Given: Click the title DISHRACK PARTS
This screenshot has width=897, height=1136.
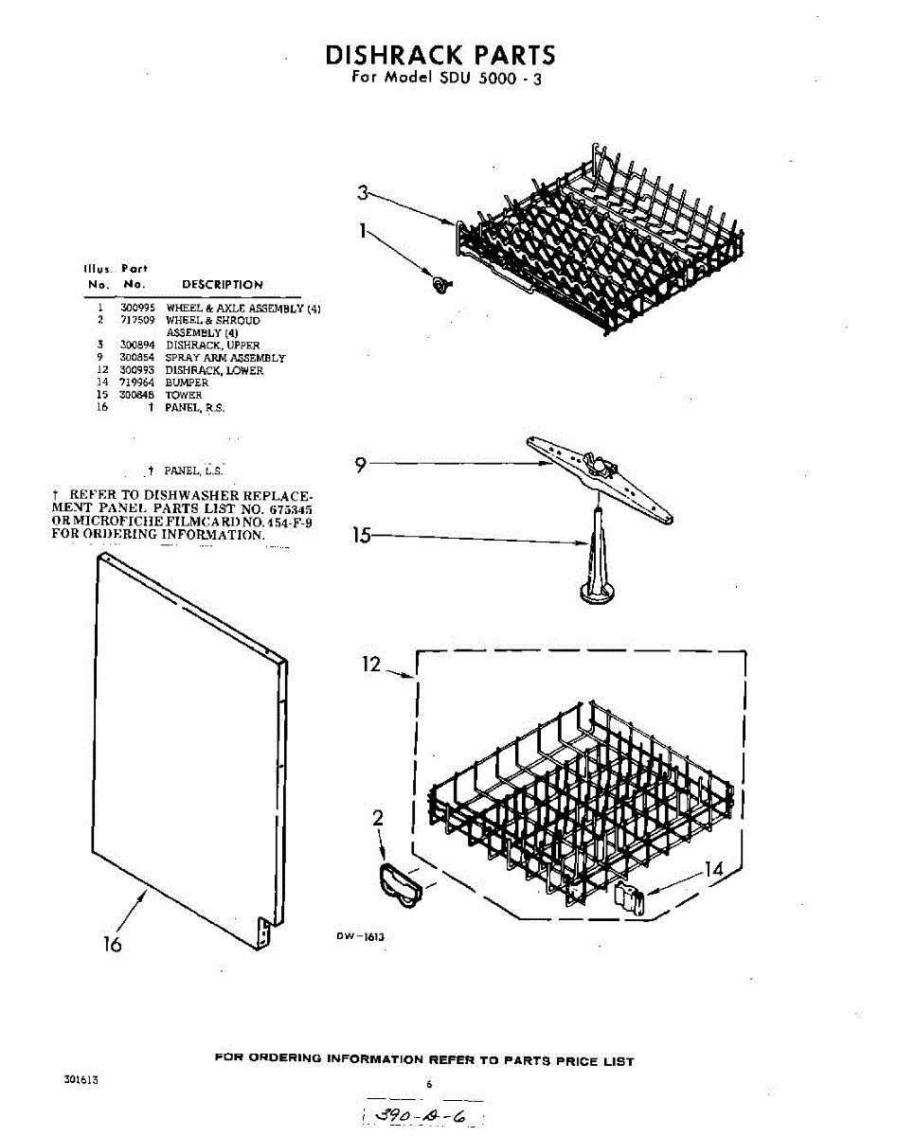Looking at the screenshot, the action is pos(440,54).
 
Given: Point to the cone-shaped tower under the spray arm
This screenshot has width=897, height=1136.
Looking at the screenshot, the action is pos(597,563).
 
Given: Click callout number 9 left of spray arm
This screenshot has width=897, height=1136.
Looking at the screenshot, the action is pos(361,465).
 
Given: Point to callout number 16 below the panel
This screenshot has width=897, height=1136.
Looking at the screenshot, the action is pos(113,944).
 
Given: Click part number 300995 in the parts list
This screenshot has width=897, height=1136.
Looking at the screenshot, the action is pos(133,309).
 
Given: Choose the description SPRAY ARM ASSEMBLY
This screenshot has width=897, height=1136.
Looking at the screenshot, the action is pos(224,358).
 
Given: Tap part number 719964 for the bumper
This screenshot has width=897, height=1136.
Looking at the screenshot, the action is pos(133,382).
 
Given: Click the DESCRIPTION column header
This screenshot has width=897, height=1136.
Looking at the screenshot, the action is pos(222,284).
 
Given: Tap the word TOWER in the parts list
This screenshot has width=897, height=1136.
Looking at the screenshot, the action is pos(184,395).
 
